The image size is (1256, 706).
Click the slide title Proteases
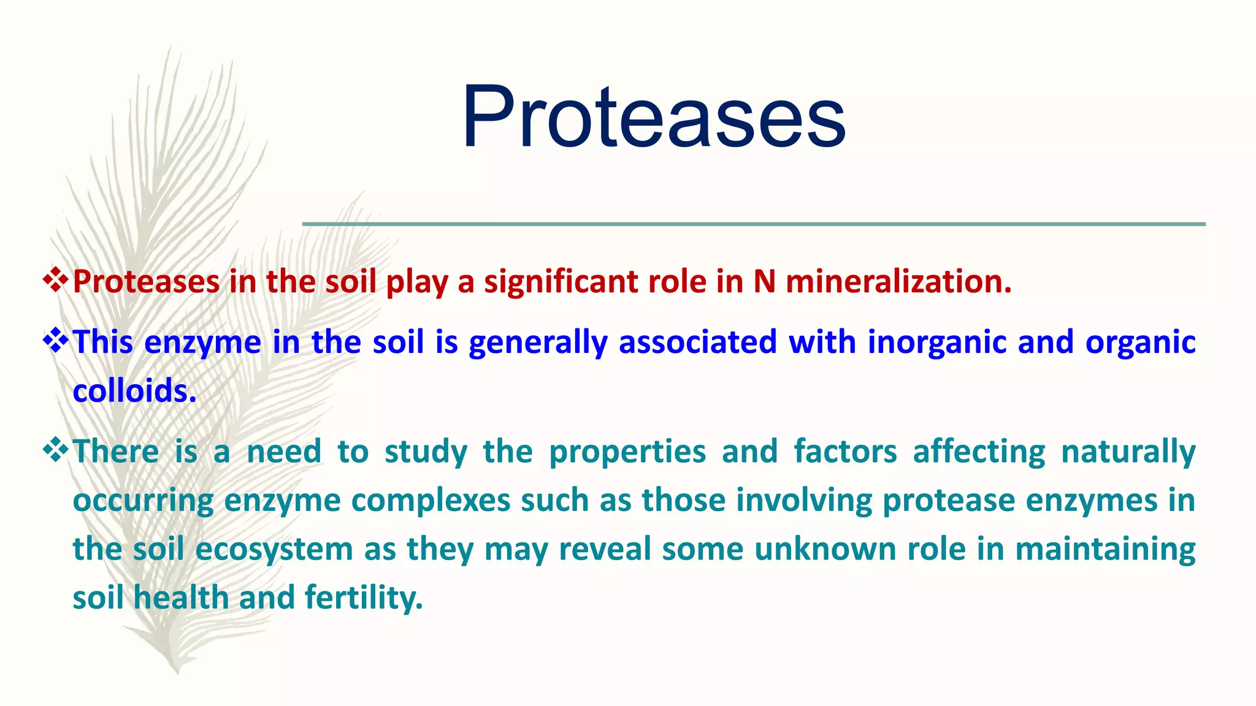coord(654,116)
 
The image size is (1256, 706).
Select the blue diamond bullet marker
coord(56,341)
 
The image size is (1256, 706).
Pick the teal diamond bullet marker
coord(56,450)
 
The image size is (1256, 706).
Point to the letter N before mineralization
coord(764,282)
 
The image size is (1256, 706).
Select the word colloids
coord(134,391)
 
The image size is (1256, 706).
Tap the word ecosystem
coord(274,550)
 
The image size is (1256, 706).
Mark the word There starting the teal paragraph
coord(116,452)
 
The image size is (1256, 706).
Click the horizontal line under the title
coord(754,224)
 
